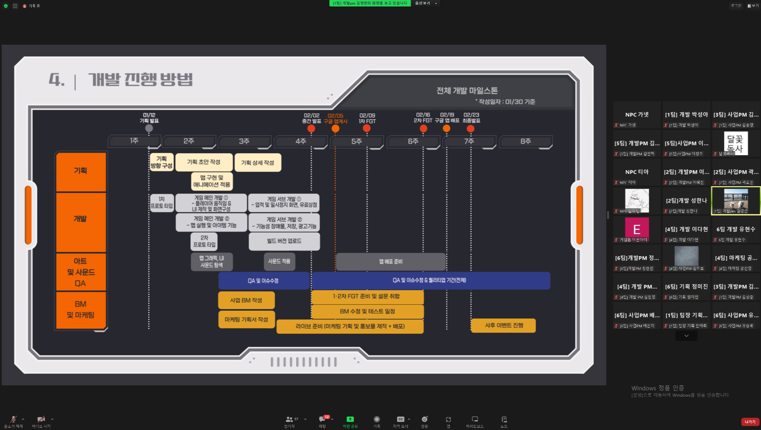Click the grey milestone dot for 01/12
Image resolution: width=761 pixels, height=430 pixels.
click(x=149, y=128)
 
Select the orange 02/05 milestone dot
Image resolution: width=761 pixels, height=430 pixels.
click(x=335, y=128)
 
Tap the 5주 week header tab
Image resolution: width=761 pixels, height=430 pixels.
click(x=356, y=141)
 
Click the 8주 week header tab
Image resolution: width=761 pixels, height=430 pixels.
click(x=526, y=141)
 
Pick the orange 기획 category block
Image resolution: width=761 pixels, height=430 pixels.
click(x=81, y=171)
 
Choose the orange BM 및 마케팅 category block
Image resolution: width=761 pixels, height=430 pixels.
click(x=81, y=310)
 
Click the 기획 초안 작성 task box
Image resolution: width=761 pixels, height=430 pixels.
click(x=204, y=162)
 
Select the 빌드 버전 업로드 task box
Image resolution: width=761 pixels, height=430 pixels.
click(x=284, y=241)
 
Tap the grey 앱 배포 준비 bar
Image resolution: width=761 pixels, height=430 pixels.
click(x=390, y=261)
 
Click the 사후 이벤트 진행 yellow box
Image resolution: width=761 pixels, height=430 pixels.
click(x=503, y=325)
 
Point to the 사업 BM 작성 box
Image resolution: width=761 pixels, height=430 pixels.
click(x=246, y=300)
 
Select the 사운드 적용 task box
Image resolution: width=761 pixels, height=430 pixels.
click(x=279, y=261)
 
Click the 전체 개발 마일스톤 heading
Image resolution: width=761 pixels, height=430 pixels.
click(x=467, y=91)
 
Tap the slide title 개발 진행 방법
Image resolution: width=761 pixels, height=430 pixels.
click(x=140, y=80)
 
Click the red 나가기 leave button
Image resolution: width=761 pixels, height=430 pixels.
click(x=750, y=422)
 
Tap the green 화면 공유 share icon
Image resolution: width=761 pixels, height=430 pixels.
click(x=350, y=420)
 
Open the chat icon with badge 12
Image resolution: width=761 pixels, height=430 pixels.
click(x=322, y=420)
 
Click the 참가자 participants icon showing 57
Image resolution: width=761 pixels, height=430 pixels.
click(x=289, y=420)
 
